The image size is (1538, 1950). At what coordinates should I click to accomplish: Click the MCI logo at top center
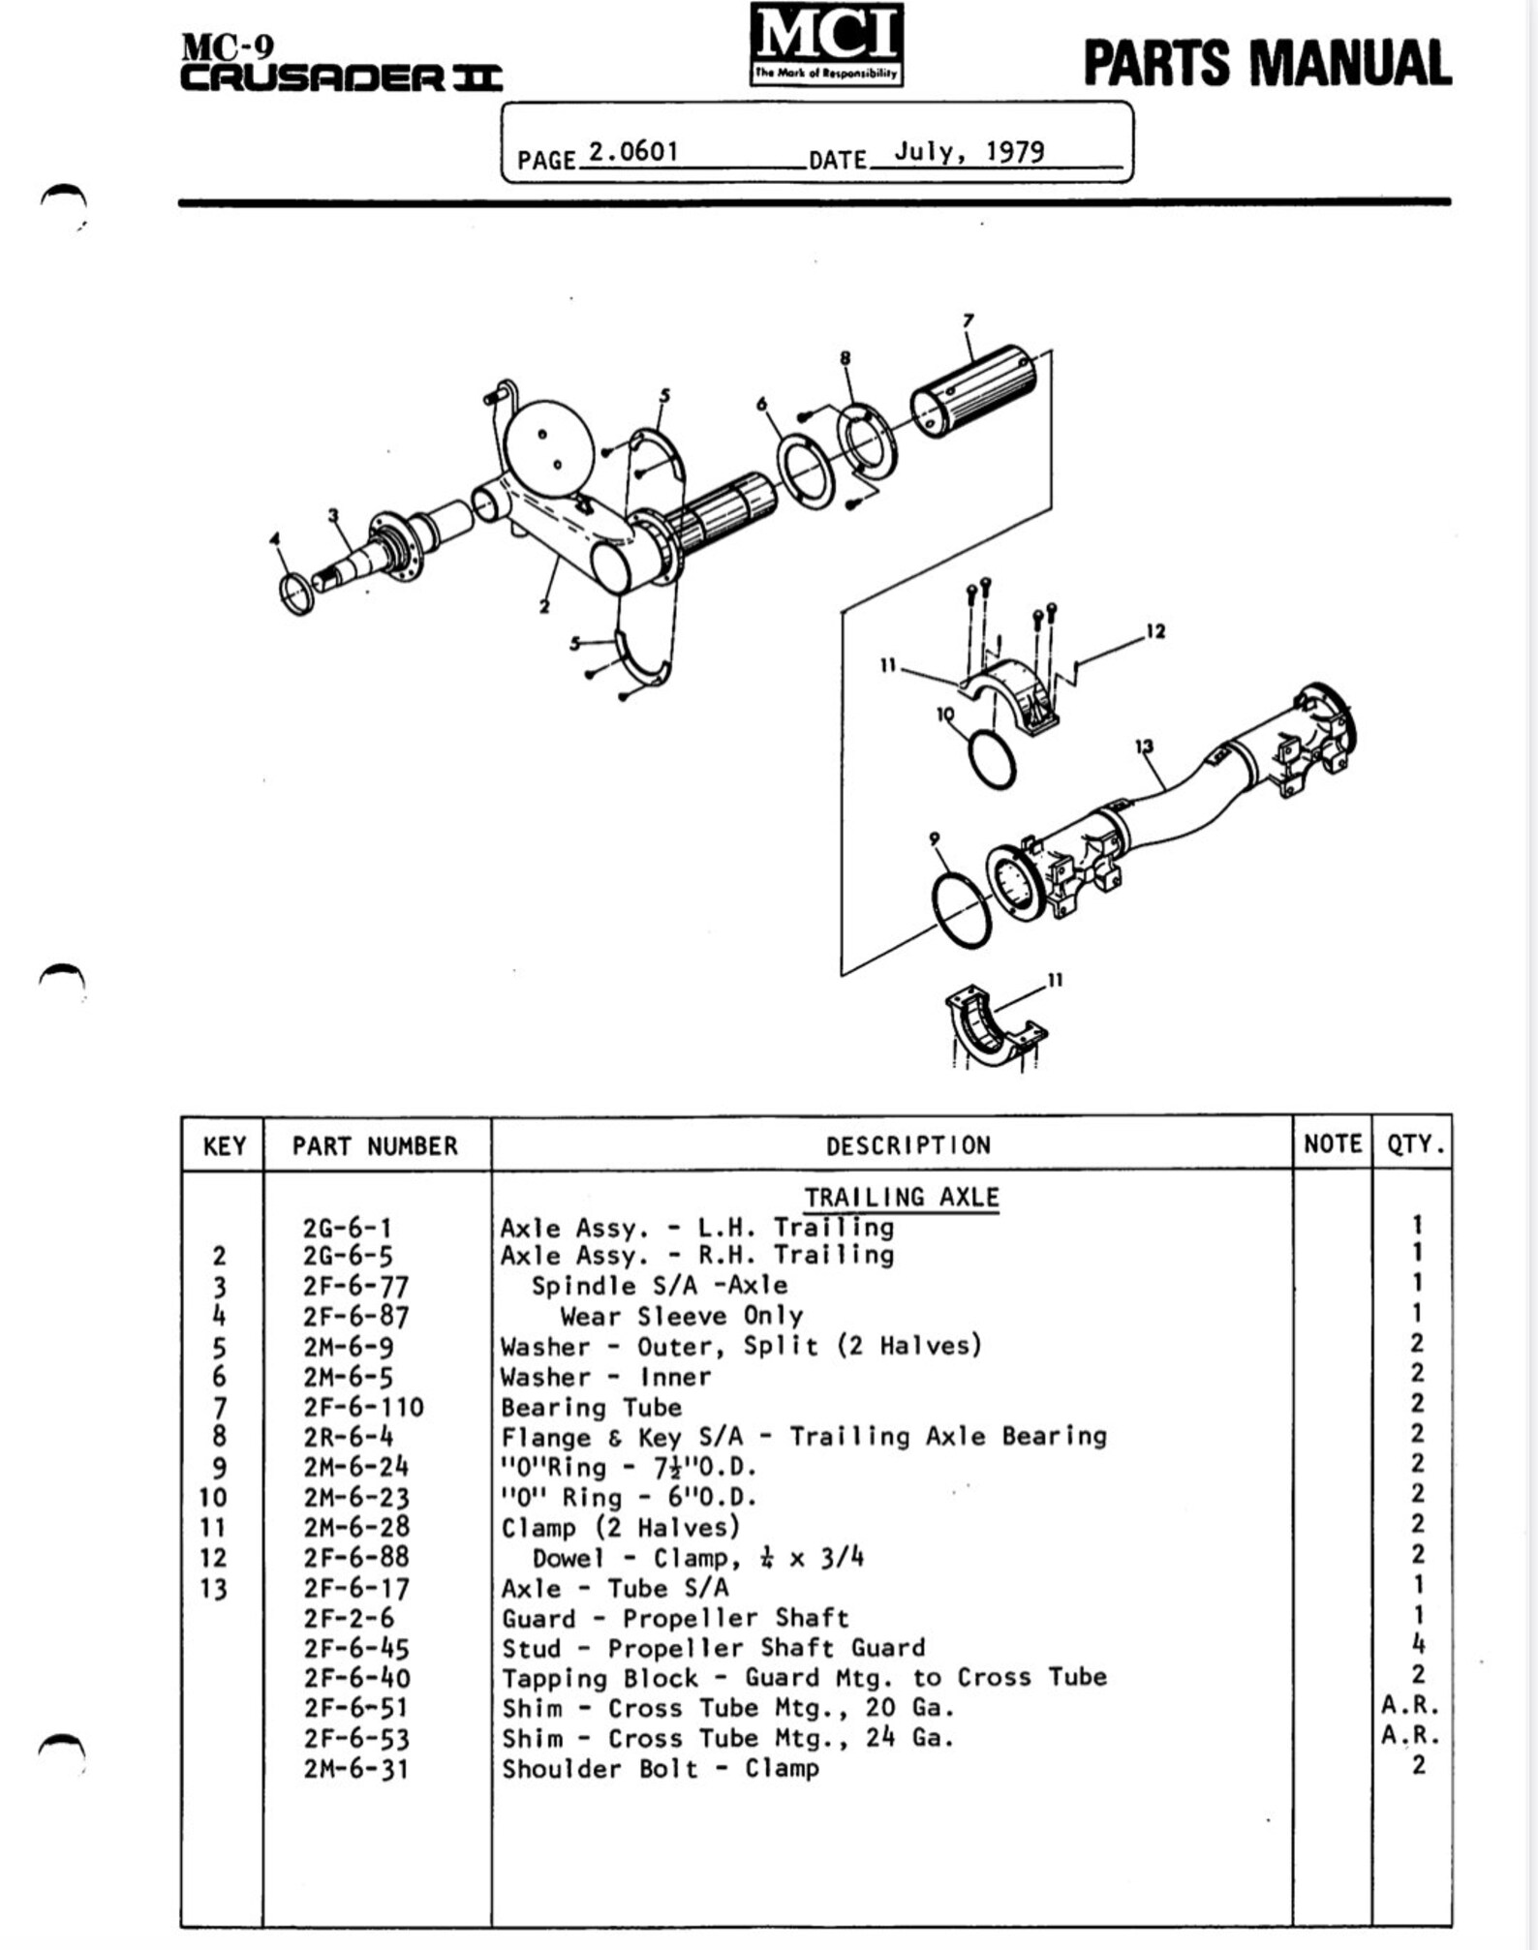826,44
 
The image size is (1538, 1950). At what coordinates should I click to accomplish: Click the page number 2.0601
633,152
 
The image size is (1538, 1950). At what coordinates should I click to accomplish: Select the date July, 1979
968,152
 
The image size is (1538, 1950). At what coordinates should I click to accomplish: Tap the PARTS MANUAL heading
1266,63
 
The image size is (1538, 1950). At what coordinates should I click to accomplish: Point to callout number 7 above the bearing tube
968,320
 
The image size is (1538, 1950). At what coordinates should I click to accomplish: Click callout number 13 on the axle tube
1144,746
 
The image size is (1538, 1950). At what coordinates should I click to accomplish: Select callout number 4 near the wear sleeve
275,537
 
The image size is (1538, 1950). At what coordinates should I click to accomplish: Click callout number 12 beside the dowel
1154,631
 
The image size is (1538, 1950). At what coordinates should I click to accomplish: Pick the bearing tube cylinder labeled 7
973,390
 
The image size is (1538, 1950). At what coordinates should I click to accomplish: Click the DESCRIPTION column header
907,1145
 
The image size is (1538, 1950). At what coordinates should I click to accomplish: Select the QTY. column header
1415,1144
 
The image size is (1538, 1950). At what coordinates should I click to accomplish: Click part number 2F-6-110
363,1407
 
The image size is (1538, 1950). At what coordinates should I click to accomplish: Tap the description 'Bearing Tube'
591,1407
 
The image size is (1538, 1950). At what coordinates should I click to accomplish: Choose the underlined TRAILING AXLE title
901,1198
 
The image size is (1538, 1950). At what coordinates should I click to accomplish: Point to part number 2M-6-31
355,1769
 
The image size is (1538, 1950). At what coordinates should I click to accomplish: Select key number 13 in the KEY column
213,1589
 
